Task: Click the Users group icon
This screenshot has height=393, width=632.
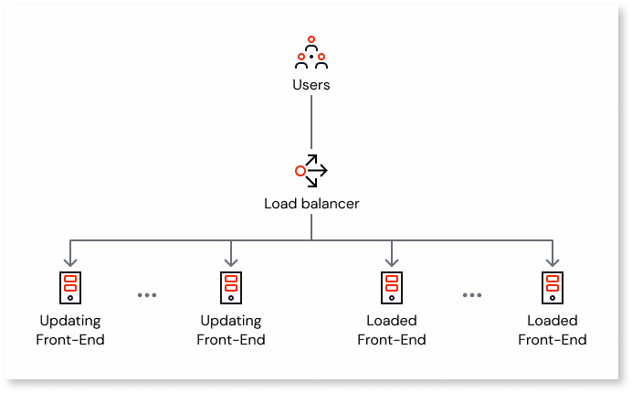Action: tap(311, 54)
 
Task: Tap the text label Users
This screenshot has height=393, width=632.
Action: tap(311, 85)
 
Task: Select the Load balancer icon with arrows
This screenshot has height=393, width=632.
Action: tap(311, 170)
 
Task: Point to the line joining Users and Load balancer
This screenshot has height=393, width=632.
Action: tap(311, 123)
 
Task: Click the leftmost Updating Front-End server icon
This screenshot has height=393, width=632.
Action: tap(70, 286)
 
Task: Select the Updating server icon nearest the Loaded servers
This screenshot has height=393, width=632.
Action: tap(231, 286)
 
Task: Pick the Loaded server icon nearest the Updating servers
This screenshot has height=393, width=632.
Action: tap(392, 286)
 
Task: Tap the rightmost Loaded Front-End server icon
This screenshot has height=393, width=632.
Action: tap(553, 286)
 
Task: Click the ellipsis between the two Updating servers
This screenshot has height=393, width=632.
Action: tap(147, 295)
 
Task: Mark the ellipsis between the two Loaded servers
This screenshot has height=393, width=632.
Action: tap(472, 295)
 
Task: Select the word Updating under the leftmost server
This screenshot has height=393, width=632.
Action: tap(70, 321)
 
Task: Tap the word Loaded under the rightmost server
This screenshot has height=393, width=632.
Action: tap(553, 321)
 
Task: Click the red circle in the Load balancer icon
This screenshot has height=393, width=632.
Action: tap(300, 171)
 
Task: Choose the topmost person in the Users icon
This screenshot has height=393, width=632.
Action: tap(311, 41)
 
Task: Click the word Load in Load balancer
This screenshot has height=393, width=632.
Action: tap(279, 203)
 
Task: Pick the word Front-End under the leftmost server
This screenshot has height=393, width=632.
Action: tap(70, 340)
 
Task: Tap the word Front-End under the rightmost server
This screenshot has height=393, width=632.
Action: tap(553, 340)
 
